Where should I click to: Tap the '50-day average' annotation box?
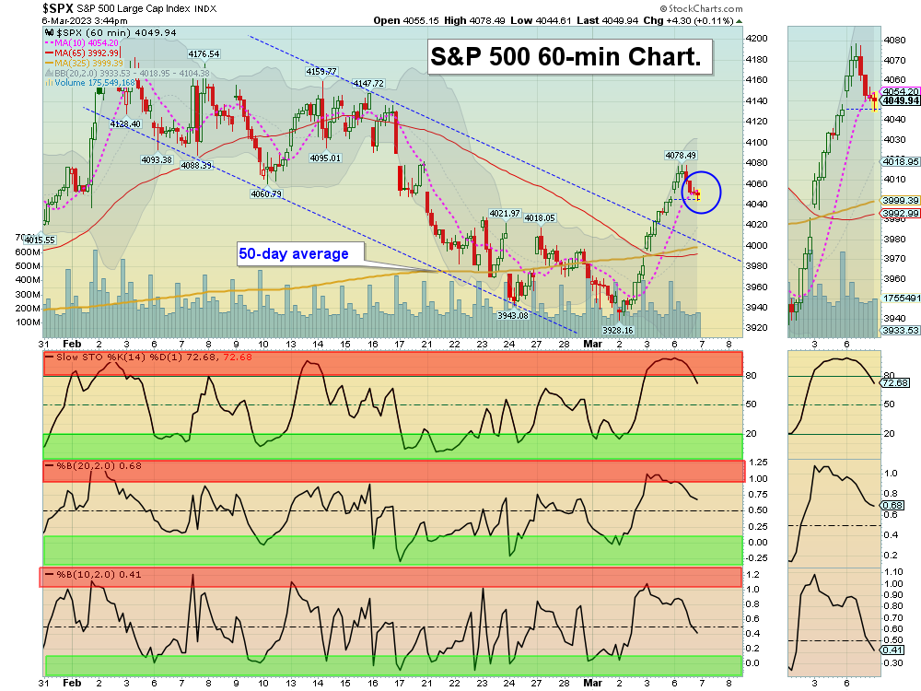pyautogui.click(x=294, y=253)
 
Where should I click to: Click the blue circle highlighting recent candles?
pyautogui.click(x=701, y=192)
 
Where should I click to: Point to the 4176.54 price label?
pyautogui.click(x=204, y=54)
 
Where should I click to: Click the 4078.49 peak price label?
pyautogui.click(x=680, y=155)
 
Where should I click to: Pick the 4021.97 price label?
pyautogui.click(x=505, y=213)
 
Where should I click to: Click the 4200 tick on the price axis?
pyautogui.click(x=757, y=39)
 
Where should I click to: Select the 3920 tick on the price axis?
pyautogui.click(x=757, y=328)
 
